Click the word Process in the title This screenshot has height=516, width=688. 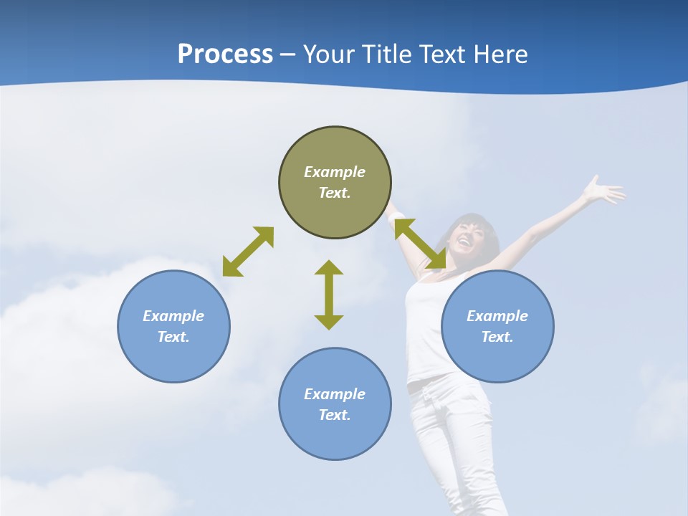point(225,54)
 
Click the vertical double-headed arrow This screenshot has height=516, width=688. point(329,295)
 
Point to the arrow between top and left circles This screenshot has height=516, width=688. point(248,252)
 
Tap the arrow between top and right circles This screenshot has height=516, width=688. point(420,244)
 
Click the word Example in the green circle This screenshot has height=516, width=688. point(335,172)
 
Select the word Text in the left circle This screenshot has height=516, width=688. point(173,337)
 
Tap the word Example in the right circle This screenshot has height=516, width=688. point(497,316)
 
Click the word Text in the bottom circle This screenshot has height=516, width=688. point(335,415)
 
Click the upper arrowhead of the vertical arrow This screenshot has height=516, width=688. point(329,268)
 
